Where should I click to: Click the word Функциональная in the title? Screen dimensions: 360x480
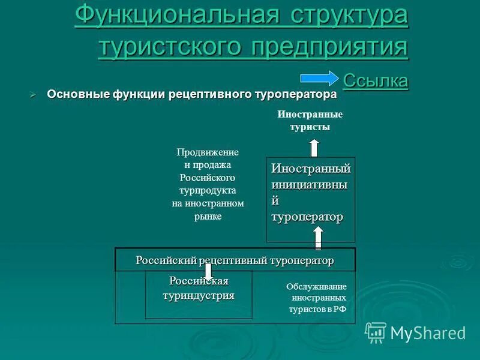(175, 16)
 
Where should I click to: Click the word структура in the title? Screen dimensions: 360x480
(349, 16)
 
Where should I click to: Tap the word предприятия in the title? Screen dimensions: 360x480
(329, 46)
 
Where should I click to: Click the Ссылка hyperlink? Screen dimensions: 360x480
(376, 80)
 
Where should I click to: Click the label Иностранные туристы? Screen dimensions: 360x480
(310, 120)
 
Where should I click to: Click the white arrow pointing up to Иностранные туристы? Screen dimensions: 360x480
(314, 148)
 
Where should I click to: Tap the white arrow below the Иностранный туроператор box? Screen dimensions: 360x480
(319, 238)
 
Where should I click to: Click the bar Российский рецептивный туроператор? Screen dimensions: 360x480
(235, 260)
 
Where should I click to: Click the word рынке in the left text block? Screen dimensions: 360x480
(208, 217)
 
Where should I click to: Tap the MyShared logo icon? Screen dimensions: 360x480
(376, 332)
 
